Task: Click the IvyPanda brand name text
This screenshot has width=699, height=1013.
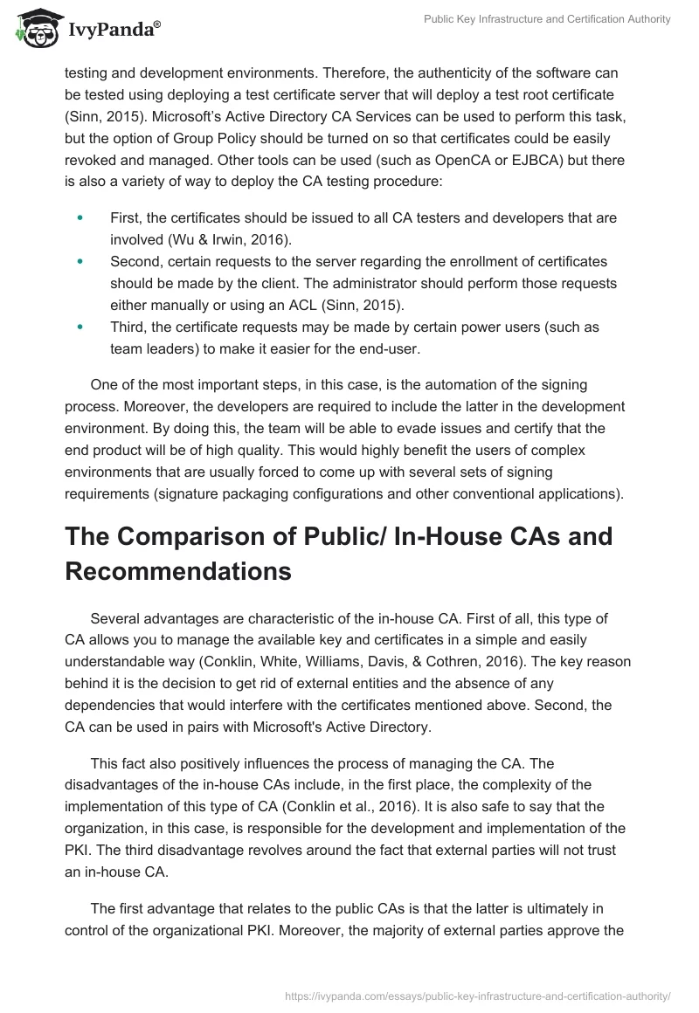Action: tap(113, 30)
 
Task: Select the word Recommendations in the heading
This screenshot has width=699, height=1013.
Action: tap(177, 572)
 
